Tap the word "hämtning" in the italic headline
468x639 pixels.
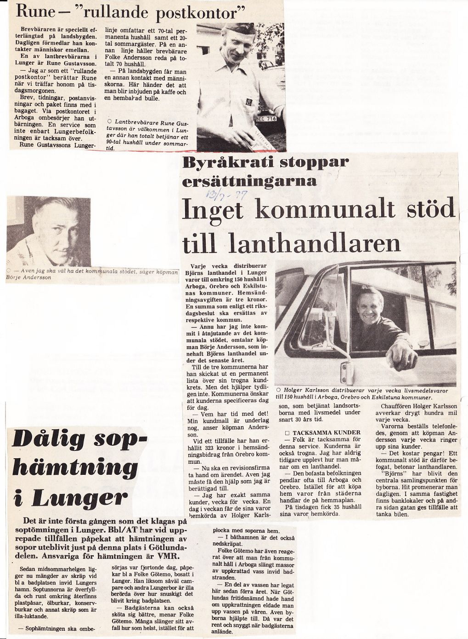pyautogui.click(x=68, y=468)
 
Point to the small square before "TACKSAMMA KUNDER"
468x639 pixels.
pyautogui.click(x=287, y=433)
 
